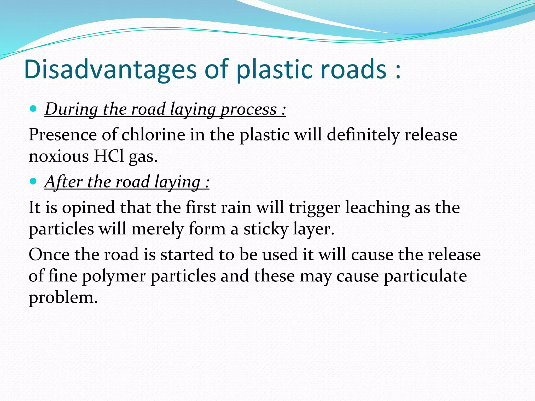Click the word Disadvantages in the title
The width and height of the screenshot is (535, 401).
(110, 69)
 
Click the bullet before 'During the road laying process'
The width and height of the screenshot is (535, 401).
(33, 109)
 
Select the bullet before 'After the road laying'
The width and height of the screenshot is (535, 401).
(33, 181)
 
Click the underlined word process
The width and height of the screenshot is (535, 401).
(248, 109)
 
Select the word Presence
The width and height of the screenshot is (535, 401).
(63, 135)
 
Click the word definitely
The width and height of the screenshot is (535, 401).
(363, 135)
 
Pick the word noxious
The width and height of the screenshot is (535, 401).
(59, 156)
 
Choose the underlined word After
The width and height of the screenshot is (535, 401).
(64, 182)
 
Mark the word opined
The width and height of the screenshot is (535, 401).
(89, 208)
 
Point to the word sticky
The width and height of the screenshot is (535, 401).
(266, 229)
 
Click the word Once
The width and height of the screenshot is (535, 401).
(49, 254)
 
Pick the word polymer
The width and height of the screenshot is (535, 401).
(114, 276)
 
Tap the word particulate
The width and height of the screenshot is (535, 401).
(425, 276)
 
